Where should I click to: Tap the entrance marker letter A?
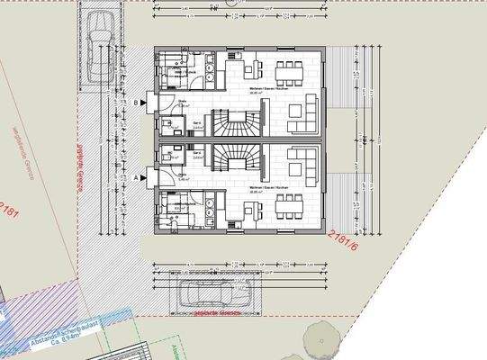(x=137, y=178)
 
